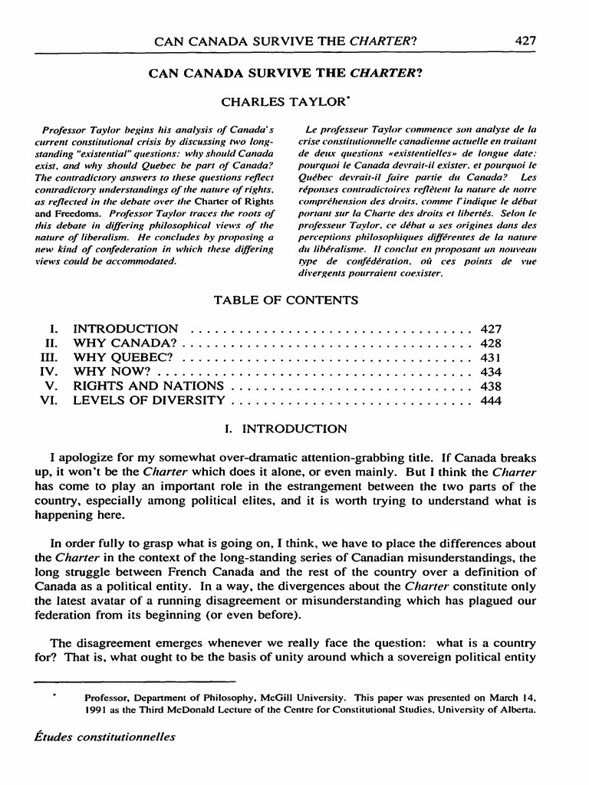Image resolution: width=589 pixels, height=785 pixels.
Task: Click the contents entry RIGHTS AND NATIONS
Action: pyautogui.click(x=148, y=386)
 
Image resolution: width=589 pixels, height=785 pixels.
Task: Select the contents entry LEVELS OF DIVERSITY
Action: pyautogui.click(x=149, y=400)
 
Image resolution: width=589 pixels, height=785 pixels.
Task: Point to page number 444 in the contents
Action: pyautogui.click(x=490, y=400)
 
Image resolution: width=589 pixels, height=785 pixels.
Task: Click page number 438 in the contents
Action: pyautogui.click(x=490, y=386)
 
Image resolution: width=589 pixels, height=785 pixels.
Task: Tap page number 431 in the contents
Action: pyautogui.click(x=490, y=357)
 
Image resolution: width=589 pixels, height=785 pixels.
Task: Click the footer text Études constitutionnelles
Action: pyautogui.click(x=105, y=737)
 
